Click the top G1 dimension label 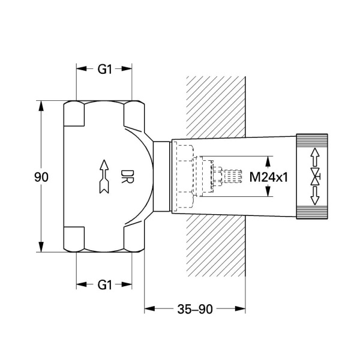(105, 69)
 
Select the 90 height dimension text (41, 178)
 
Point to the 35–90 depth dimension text (195, 309)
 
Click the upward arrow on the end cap (314, 157)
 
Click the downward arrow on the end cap (314, 197)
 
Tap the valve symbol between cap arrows (314, 177)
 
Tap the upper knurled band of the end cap (314, 140)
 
